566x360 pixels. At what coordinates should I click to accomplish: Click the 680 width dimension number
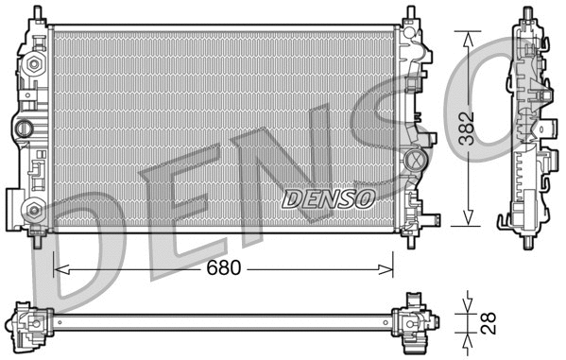point(224,268)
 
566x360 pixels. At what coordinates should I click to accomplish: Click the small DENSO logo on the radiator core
point(328,198)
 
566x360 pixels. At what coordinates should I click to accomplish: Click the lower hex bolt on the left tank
point(35,210)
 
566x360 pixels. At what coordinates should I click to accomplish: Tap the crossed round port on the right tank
point(414,161)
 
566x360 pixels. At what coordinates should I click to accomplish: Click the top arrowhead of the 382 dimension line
point(467,36)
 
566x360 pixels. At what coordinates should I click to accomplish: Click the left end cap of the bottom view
point(29,321)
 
